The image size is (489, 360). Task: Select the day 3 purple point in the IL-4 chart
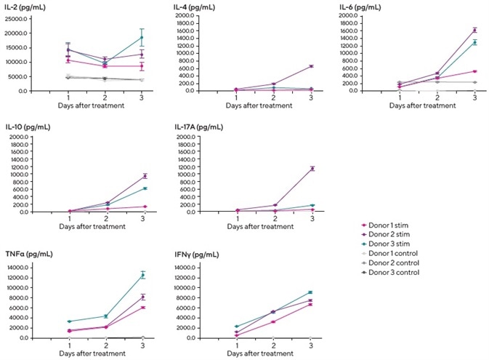(x=311, y=66)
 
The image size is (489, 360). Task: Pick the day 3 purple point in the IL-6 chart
(x=474, y=30)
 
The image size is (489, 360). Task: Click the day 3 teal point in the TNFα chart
(x=142, y=275)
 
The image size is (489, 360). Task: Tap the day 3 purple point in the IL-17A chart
(x=312, y=169)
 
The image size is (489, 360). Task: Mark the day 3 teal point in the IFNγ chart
(x=311, y=292)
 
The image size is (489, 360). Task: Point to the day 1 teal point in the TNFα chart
(x=69, y=321)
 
